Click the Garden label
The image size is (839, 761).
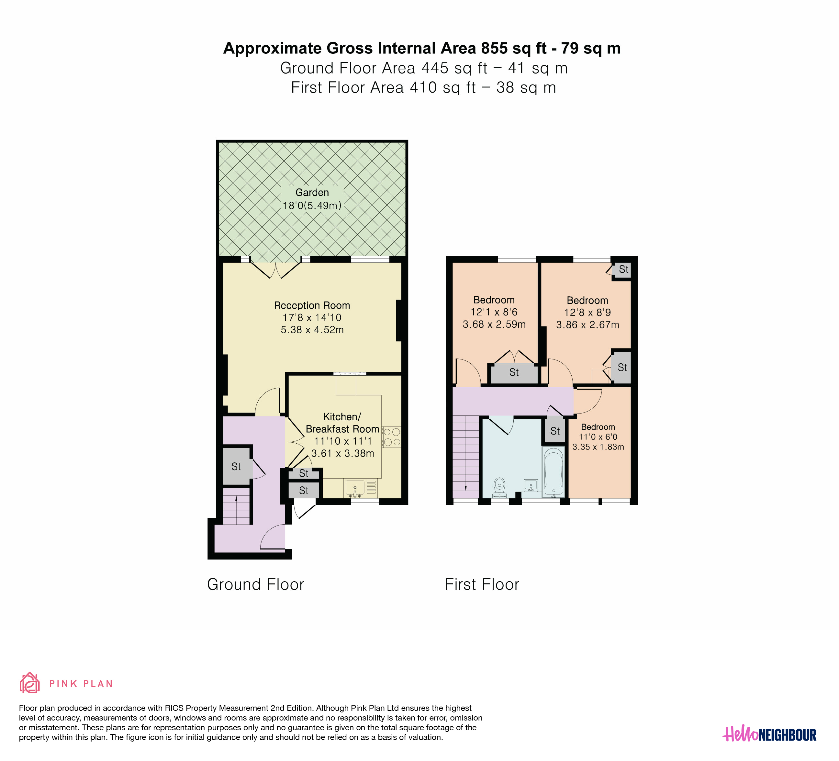pyautogui.click(x=312, y=192)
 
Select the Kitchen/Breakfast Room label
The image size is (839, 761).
pyautogui.click(x=342, y=423)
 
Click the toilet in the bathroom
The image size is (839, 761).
pyautogui.click(x=499, y=487)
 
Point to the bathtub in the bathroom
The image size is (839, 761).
pyautogui.click(x=554, y=472)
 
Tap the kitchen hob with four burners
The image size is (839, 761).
pyautogui.click(x=392, y=437)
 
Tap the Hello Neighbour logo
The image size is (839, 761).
pyautogui.click(x=769, y=735)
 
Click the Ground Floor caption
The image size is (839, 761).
pyautogui.click(x=255, y=585)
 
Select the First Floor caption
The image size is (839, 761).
pyautogui.click(x=482, y=585)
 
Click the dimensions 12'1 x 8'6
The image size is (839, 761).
pyautogui.click(x=494, y=312)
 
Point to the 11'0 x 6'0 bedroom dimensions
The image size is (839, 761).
pyautogui.click(x=598, y=437)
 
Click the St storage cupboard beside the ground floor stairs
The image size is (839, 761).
pyautogui.click(x=236, y=466)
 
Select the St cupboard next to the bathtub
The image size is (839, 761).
pyautogui.click(x=555, y=431)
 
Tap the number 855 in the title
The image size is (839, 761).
pyautogui.click(x=494, y=48)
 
